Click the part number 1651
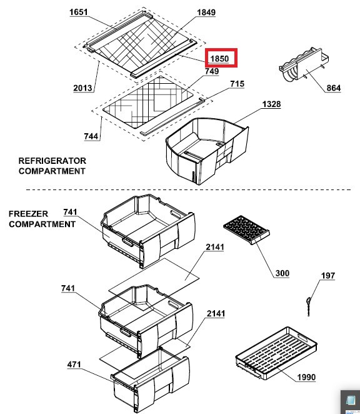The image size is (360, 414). (78, 12)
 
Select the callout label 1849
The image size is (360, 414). (206, 13)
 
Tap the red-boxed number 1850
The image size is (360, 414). (219, 58)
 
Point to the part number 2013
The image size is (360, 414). (82, 88)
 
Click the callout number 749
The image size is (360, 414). (212, 71)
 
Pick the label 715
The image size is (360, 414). (237, 84)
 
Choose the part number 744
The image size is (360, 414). (91, 136)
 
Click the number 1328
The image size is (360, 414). (272, 104)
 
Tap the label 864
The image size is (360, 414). (334, 88)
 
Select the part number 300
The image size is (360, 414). (282, 273)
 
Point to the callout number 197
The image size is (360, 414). (328, 276)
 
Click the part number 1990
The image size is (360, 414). (306, 377)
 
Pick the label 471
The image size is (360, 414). (74, 365)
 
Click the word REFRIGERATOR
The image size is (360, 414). (52, 161)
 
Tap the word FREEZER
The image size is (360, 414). (29, 214)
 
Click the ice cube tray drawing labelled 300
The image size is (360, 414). (246, 230)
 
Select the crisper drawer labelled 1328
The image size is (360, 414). (207, 151)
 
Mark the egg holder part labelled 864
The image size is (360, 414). (304, 64)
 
